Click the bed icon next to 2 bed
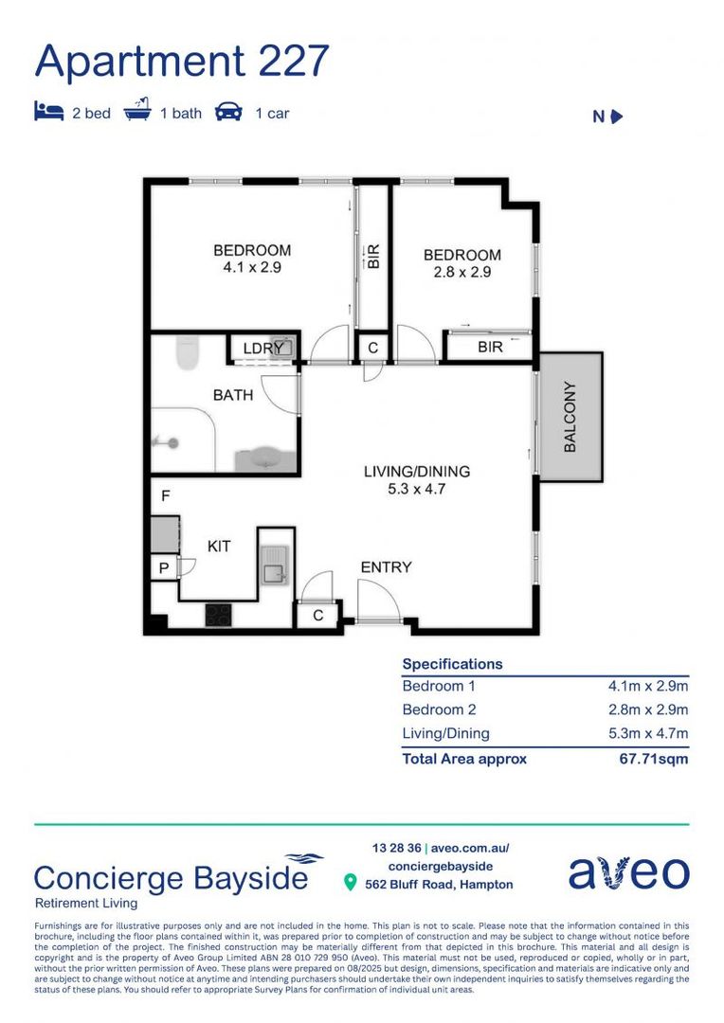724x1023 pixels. (48, 113)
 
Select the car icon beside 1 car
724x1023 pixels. (228, 113)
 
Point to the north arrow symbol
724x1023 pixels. (616, 117)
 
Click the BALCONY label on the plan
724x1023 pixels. (570, 417)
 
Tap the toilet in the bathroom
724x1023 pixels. (188, 353)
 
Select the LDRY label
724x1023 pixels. (262, 349)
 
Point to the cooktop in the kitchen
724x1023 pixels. (219, 614)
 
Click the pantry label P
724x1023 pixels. (163, 568)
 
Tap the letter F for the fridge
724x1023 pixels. (165, 495)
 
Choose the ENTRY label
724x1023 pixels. (386, 567)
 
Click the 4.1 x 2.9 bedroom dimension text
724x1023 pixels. (252, 267)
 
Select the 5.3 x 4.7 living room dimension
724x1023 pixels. (417, 490)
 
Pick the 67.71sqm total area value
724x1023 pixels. (653, 759)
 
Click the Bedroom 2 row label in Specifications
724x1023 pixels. (439, 710)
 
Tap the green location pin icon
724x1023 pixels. (350, 884)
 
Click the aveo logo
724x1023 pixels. (628, 872)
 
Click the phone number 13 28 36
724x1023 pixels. (396, 848)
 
